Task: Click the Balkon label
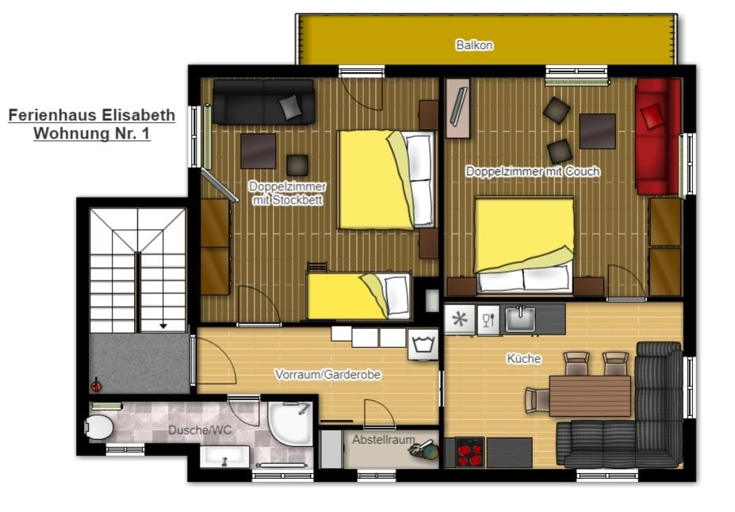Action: coord(474,45)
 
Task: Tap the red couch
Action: coord(658,136)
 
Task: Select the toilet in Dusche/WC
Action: coord(99,426)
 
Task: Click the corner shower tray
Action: coord(289,423)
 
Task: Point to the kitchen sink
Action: coord(520,319)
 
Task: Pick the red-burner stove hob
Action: coord(469,453)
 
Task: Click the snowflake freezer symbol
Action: coord(459,319)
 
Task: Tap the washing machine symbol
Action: coord(423,344)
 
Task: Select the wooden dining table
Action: coord(590,395)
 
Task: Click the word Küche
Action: coord(523,359)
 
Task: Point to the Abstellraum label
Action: coord(384,440)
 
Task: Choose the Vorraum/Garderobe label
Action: coord(327,375)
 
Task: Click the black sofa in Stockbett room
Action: coord(264,101)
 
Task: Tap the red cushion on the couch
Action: coord(652,116)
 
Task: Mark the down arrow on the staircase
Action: coord(163,325)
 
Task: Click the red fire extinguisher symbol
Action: coord(96,385)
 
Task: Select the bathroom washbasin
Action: coord(224,457)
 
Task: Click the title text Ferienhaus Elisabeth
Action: coord(92,115)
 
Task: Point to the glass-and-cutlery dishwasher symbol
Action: coord(488,320)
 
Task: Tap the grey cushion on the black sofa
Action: coord(290,107)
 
